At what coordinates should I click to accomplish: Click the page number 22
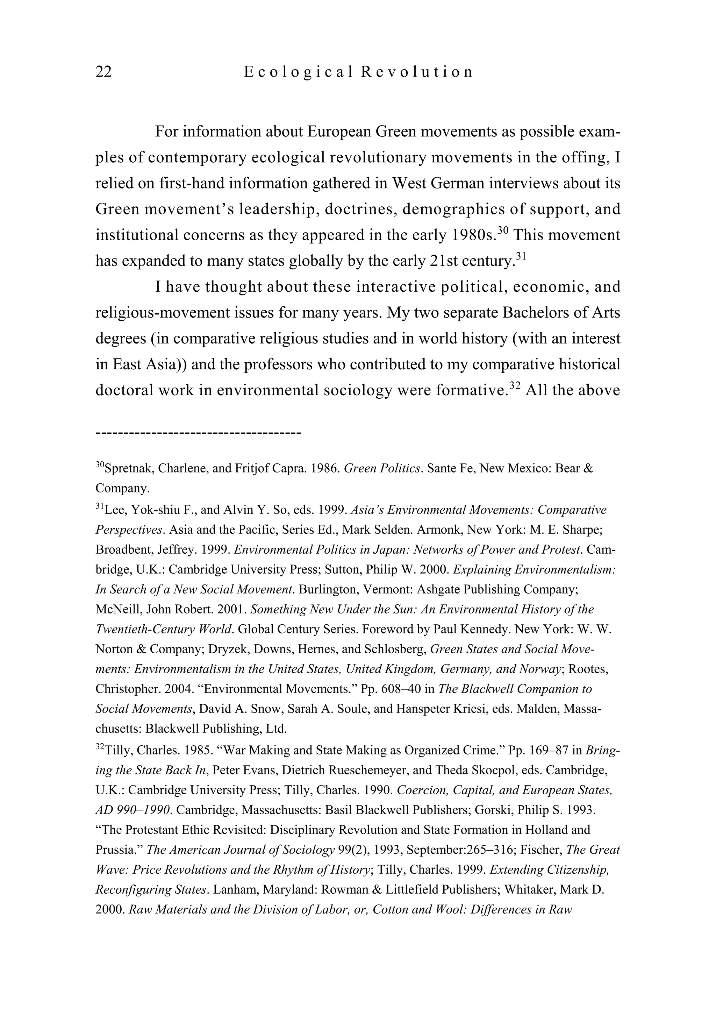[x=104, y=72]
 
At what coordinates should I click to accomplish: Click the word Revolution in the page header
[x=417, y=72]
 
